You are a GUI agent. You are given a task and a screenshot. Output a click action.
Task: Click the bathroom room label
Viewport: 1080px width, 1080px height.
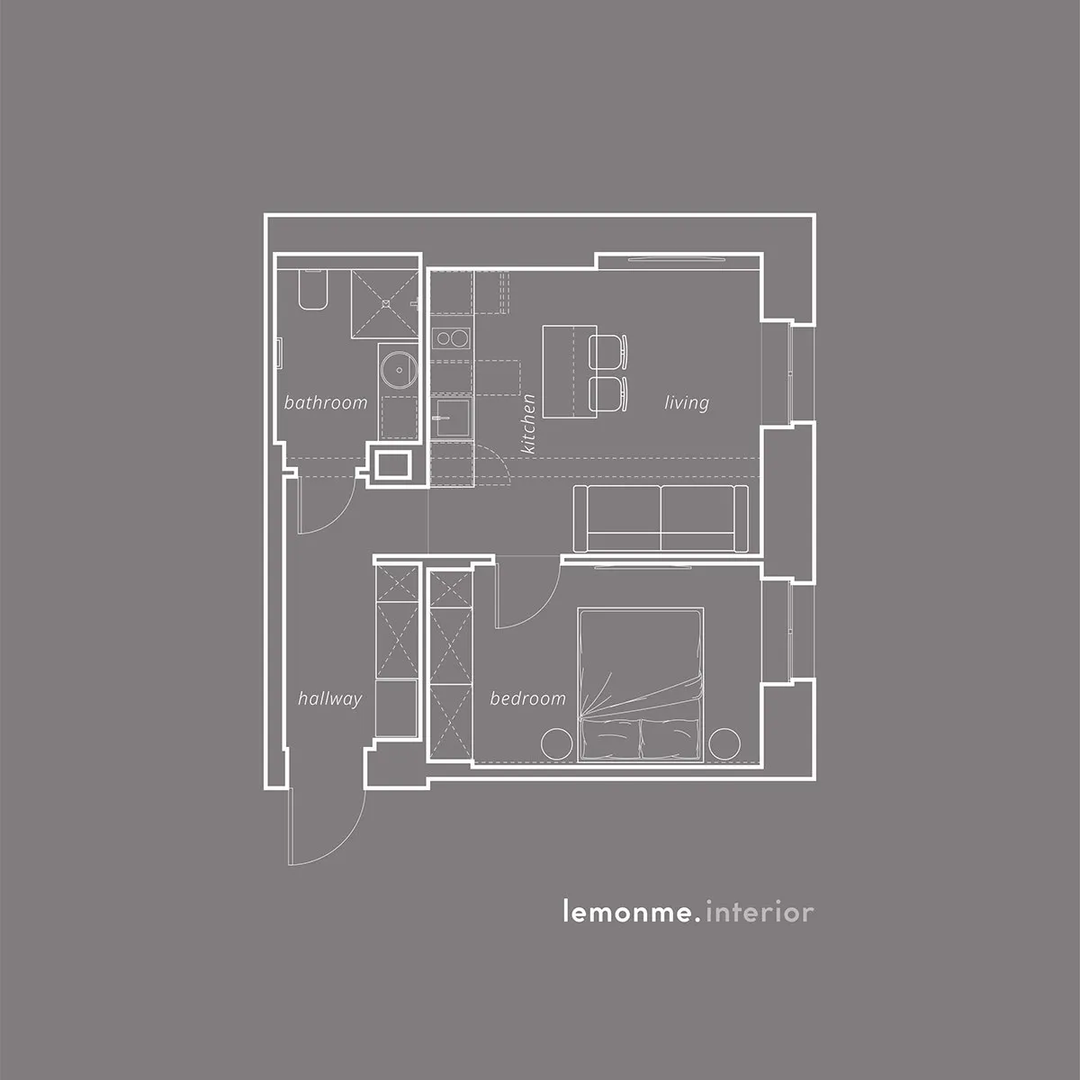(x=326, y=402)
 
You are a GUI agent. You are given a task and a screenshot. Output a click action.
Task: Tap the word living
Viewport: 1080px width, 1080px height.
(x=687, y=403)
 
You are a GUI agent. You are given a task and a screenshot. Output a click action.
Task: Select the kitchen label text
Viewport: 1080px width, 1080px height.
(x=528, y=424)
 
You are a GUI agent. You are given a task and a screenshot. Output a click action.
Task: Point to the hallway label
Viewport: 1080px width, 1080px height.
(x=330, y=699)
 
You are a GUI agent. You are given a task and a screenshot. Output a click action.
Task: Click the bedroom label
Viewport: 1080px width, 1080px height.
(x=528, y=698)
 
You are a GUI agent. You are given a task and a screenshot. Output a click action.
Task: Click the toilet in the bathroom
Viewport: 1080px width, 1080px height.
(x=312, y=290)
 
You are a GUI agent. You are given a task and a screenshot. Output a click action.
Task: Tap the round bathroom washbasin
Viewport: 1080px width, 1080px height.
(x=399, y=370)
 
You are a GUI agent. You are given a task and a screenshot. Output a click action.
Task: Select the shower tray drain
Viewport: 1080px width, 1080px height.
(x=385, y=303)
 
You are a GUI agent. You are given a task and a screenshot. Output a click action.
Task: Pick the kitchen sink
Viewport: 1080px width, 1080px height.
(x=453, y=418)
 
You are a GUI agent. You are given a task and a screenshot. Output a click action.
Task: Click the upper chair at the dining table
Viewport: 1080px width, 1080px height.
(x=607, y=351)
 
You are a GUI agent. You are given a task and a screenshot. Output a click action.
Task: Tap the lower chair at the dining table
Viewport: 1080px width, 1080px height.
(x=607, y=394)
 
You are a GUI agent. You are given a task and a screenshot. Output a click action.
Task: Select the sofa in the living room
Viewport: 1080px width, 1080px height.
(x=661, y=518)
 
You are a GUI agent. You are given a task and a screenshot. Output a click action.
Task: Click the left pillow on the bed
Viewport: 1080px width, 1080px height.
(x=611, y=739)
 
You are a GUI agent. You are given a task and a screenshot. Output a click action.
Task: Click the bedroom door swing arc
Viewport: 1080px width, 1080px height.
(x=543, y=609)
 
